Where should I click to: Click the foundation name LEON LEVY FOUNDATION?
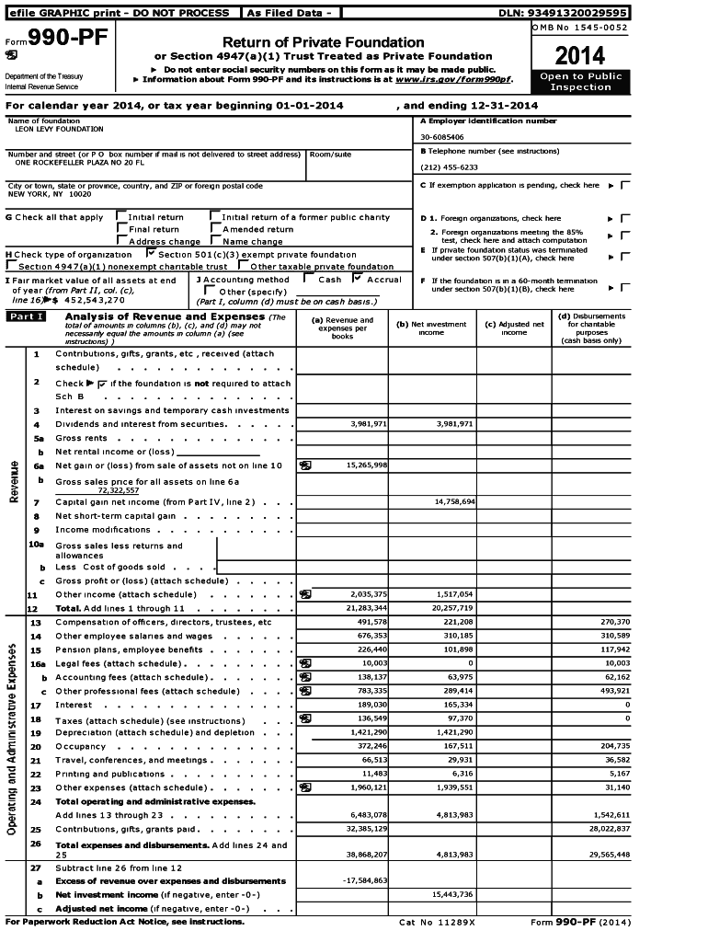click(60, 130)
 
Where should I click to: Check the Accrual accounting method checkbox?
click(358, 278)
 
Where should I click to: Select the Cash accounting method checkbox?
click(309, 278)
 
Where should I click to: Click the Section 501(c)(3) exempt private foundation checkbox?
click(152, 252)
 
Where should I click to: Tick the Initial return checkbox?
click(120, 217)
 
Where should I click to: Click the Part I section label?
click(26, 317)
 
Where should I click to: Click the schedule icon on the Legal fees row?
click(304, 663)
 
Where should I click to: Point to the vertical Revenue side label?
click(15, 480)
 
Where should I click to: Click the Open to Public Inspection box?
click(580, 82)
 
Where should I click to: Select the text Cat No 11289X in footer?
click(437, 922)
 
